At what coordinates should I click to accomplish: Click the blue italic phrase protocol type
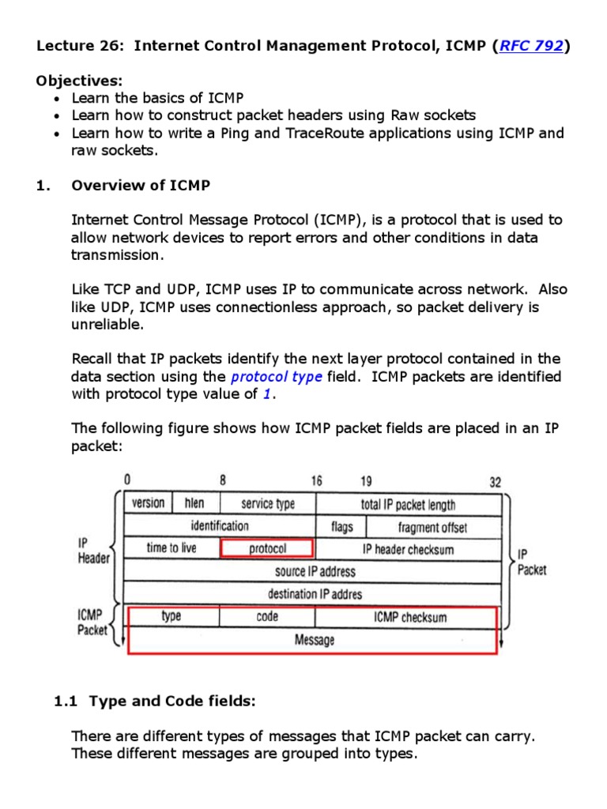(276, 377)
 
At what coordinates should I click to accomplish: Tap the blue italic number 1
(266, 394)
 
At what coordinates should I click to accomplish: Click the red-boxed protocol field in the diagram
(267, 548)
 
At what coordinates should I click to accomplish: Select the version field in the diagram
(148, 503)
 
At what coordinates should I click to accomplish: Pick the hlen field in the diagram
(194, 503)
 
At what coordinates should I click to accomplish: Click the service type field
(267, 504)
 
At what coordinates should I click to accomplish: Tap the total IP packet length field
(408, 505)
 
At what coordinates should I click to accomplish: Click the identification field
(219, 526)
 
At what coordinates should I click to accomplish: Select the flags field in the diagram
(341, 527)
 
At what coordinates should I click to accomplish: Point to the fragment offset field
(432, 527)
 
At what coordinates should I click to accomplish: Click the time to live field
(172, 547)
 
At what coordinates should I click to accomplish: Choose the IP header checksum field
(408, 549)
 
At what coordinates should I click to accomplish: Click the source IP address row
(315, 570)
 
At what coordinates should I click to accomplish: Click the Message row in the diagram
(315, 640)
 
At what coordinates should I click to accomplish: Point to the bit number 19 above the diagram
(366, 481)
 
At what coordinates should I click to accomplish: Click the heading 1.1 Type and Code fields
(154, 701)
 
